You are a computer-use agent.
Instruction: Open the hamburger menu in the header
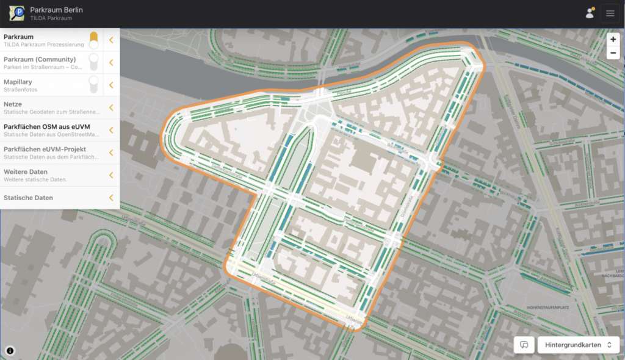click(610, 13)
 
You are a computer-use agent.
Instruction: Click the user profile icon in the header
click(590, 13)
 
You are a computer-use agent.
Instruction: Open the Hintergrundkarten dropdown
click(578, 345)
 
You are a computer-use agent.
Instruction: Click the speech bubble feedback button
click(524, 345)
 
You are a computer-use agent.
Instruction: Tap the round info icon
click(10, 351)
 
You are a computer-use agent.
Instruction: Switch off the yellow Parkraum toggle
click(93, 40)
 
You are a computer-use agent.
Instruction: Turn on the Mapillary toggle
click(93, 85)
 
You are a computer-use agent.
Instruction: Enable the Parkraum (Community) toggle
click(93, 62)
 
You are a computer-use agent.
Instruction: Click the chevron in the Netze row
click(111, 107)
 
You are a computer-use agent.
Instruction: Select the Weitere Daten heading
click(26, 172)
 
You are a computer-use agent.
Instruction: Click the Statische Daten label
click(28, 198)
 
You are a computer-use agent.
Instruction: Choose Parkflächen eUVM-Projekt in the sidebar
click(45, 149)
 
